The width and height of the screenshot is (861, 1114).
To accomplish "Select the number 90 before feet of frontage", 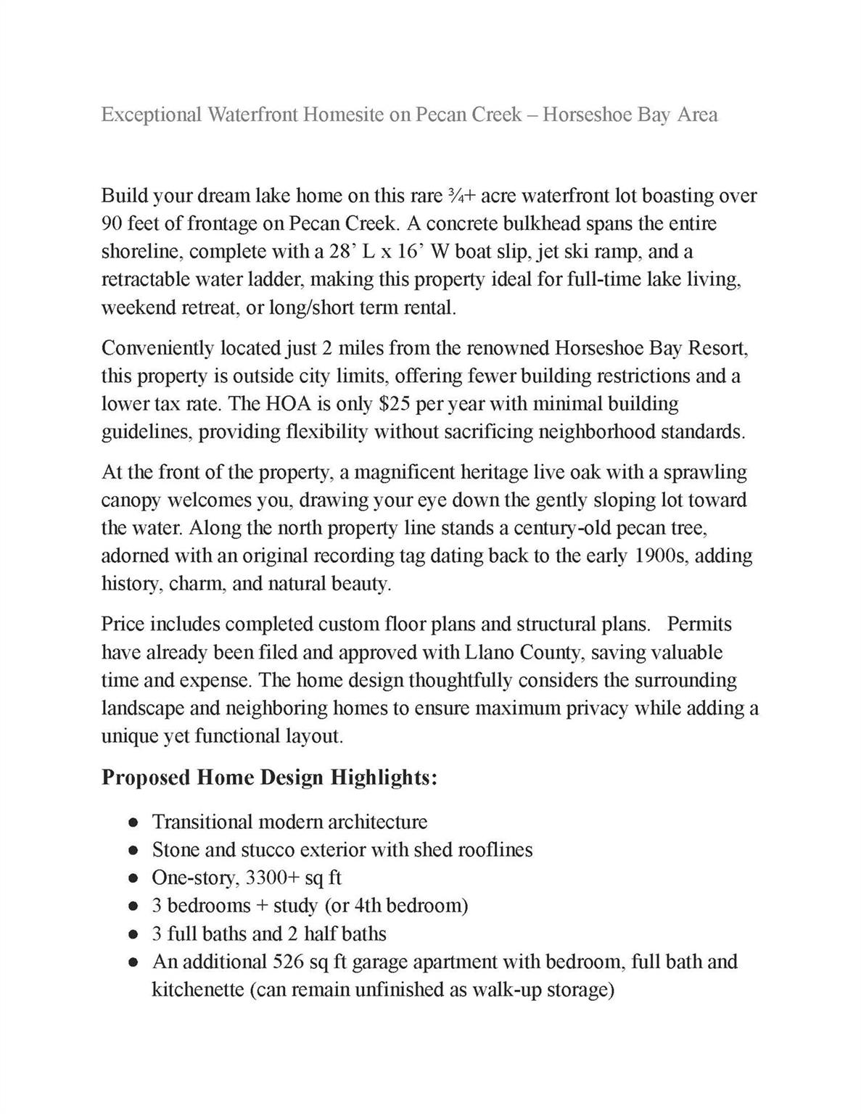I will [111, 223].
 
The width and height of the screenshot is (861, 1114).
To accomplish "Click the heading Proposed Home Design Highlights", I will [269, 777].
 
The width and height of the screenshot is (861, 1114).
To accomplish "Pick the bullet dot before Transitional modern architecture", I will [132, 822].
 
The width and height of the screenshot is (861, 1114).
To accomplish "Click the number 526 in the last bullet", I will [289, 962].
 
